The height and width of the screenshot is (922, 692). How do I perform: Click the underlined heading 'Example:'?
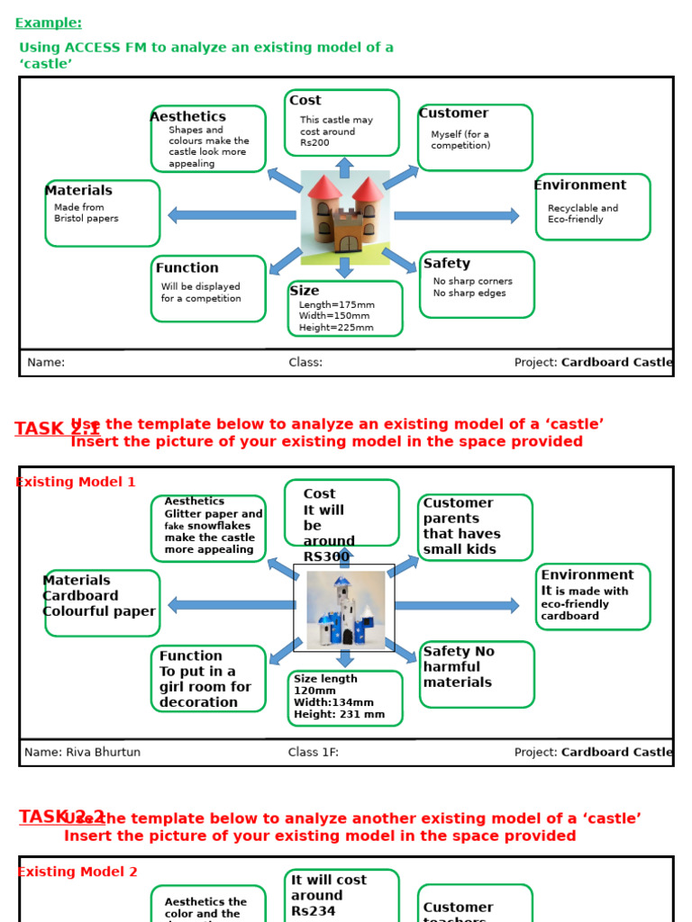click(49, 23)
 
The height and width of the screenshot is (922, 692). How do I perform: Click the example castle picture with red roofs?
click(345, 217)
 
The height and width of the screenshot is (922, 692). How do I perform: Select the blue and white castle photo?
click(345, 610)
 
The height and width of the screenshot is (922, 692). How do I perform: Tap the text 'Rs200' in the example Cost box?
click(314, 143)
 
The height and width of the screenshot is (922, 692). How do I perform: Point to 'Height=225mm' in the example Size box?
click(336, 328)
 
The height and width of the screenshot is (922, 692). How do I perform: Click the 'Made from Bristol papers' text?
click(86, 213)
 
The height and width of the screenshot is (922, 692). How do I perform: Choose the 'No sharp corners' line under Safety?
click(472, 282)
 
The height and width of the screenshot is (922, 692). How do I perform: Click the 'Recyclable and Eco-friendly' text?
click(583, 214)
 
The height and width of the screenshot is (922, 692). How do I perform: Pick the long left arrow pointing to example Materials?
click(232, 215)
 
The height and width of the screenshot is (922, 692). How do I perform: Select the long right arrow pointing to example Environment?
click(457, 216)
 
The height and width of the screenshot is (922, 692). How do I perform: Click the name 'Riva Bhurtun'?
click(103, 753)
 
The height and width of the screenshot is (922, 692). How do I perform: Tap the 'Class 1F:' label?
click(314, 753)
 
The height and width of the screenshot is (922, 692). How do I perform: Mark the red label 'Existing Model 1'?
click(76, 483)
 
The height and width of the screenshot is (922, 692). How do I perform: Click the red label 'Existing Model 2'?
click(77, 872)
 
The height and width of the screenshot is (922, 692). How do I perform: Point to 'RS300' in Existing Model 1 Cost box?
click(326, 557)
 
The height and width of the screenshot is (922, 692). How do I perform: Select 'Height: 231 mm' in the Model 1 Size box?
click(339, 715)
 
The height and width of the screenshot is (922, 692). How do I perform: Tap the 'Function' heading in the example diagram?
click(187, 268)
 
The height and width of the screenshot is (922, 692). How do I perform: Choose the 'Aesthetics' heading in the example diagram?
click(187, 117)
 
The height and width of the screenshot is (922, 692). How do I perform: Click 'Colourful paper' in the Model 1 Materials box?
click(99, 612)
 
